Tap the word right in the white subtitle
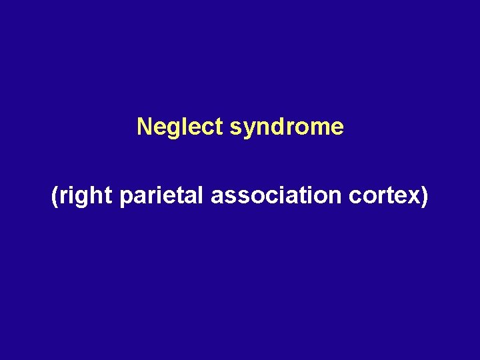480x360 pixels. tap(86, 197)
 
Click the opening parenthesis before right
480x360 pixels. tap(55, 197)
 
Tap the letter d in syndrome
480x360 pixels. tap(274, 126)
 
